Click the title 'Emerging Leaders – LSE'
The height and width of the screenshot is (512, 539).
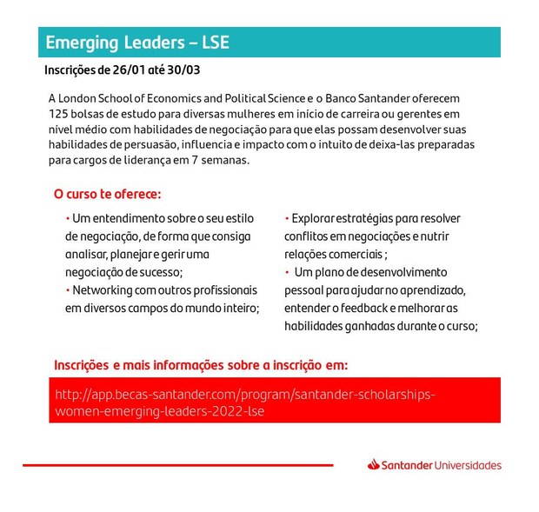click(136, 43)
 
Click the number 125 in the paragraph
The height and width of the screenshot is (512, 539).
click(59, 114)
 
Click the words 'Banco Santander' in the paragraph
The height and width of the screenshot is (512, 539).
click(367, 98)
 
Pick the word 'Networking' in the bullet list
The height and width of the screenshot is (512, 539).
click(103, 289)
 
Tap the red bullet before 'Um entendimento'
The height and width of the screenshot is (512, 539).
click(67, 217)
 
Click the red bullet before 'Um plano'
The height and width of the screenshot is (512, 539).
click(287, 272)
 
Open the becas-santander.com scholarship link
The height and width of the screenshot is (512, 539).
click(244, 402)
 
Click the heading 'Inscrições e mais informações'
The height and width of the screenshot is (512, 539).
click(200, 364)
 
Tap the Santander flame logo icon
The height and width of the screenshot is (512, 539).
click(375, 465)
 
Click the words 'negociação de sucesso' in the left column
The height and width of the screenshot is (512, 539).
click(122, 271)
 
